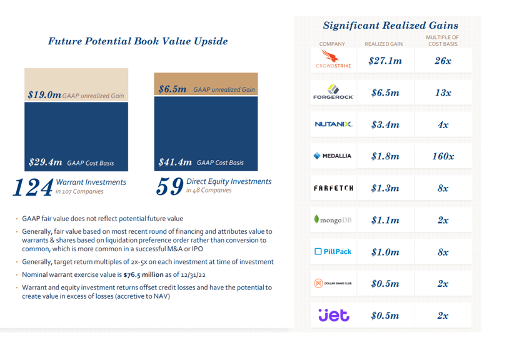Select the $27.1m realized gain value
[x=385, y=61]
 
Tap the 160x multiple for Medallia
[x=443, y=156]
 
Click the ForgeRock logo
[x=333, y=92]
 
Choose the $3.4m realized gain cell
[x=385, y=124]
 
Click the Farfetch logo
[x=333, y=187]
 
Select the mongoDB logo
[x=333, y=219]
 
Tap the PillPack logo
[x=333, y=251]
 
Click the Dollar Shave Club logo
[x=333, y=283]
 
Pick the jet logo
[x=333, y=315]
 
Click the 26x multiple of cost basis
[x=443, y=61]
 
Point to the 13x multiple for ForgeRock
[x=443, y=92]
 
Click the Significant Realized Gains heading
[x=391, y=26]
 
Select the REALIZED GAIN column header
[x=383, y=44]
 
